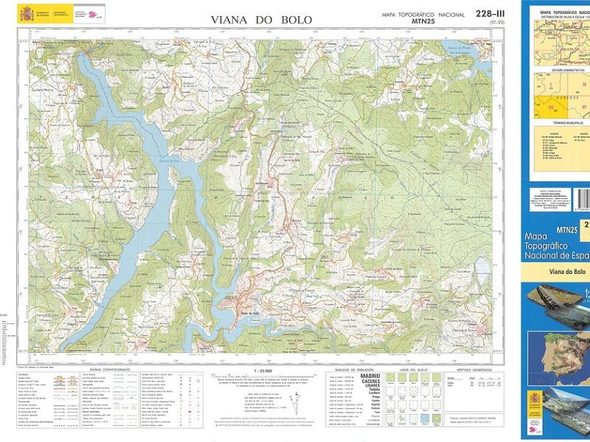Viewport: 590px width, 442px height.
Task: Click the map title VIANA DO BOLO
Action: [261, 19]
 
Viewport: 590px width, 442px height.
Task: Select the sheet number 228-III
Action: [490, 14]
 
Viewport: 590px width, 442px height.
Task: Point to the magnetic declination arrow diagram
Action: [295, 402]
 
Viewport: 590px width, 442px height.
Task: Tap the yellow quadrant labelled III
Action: [549, 108]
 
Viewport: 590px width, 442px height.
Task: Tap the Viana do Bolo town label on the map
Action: [249, 313]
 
